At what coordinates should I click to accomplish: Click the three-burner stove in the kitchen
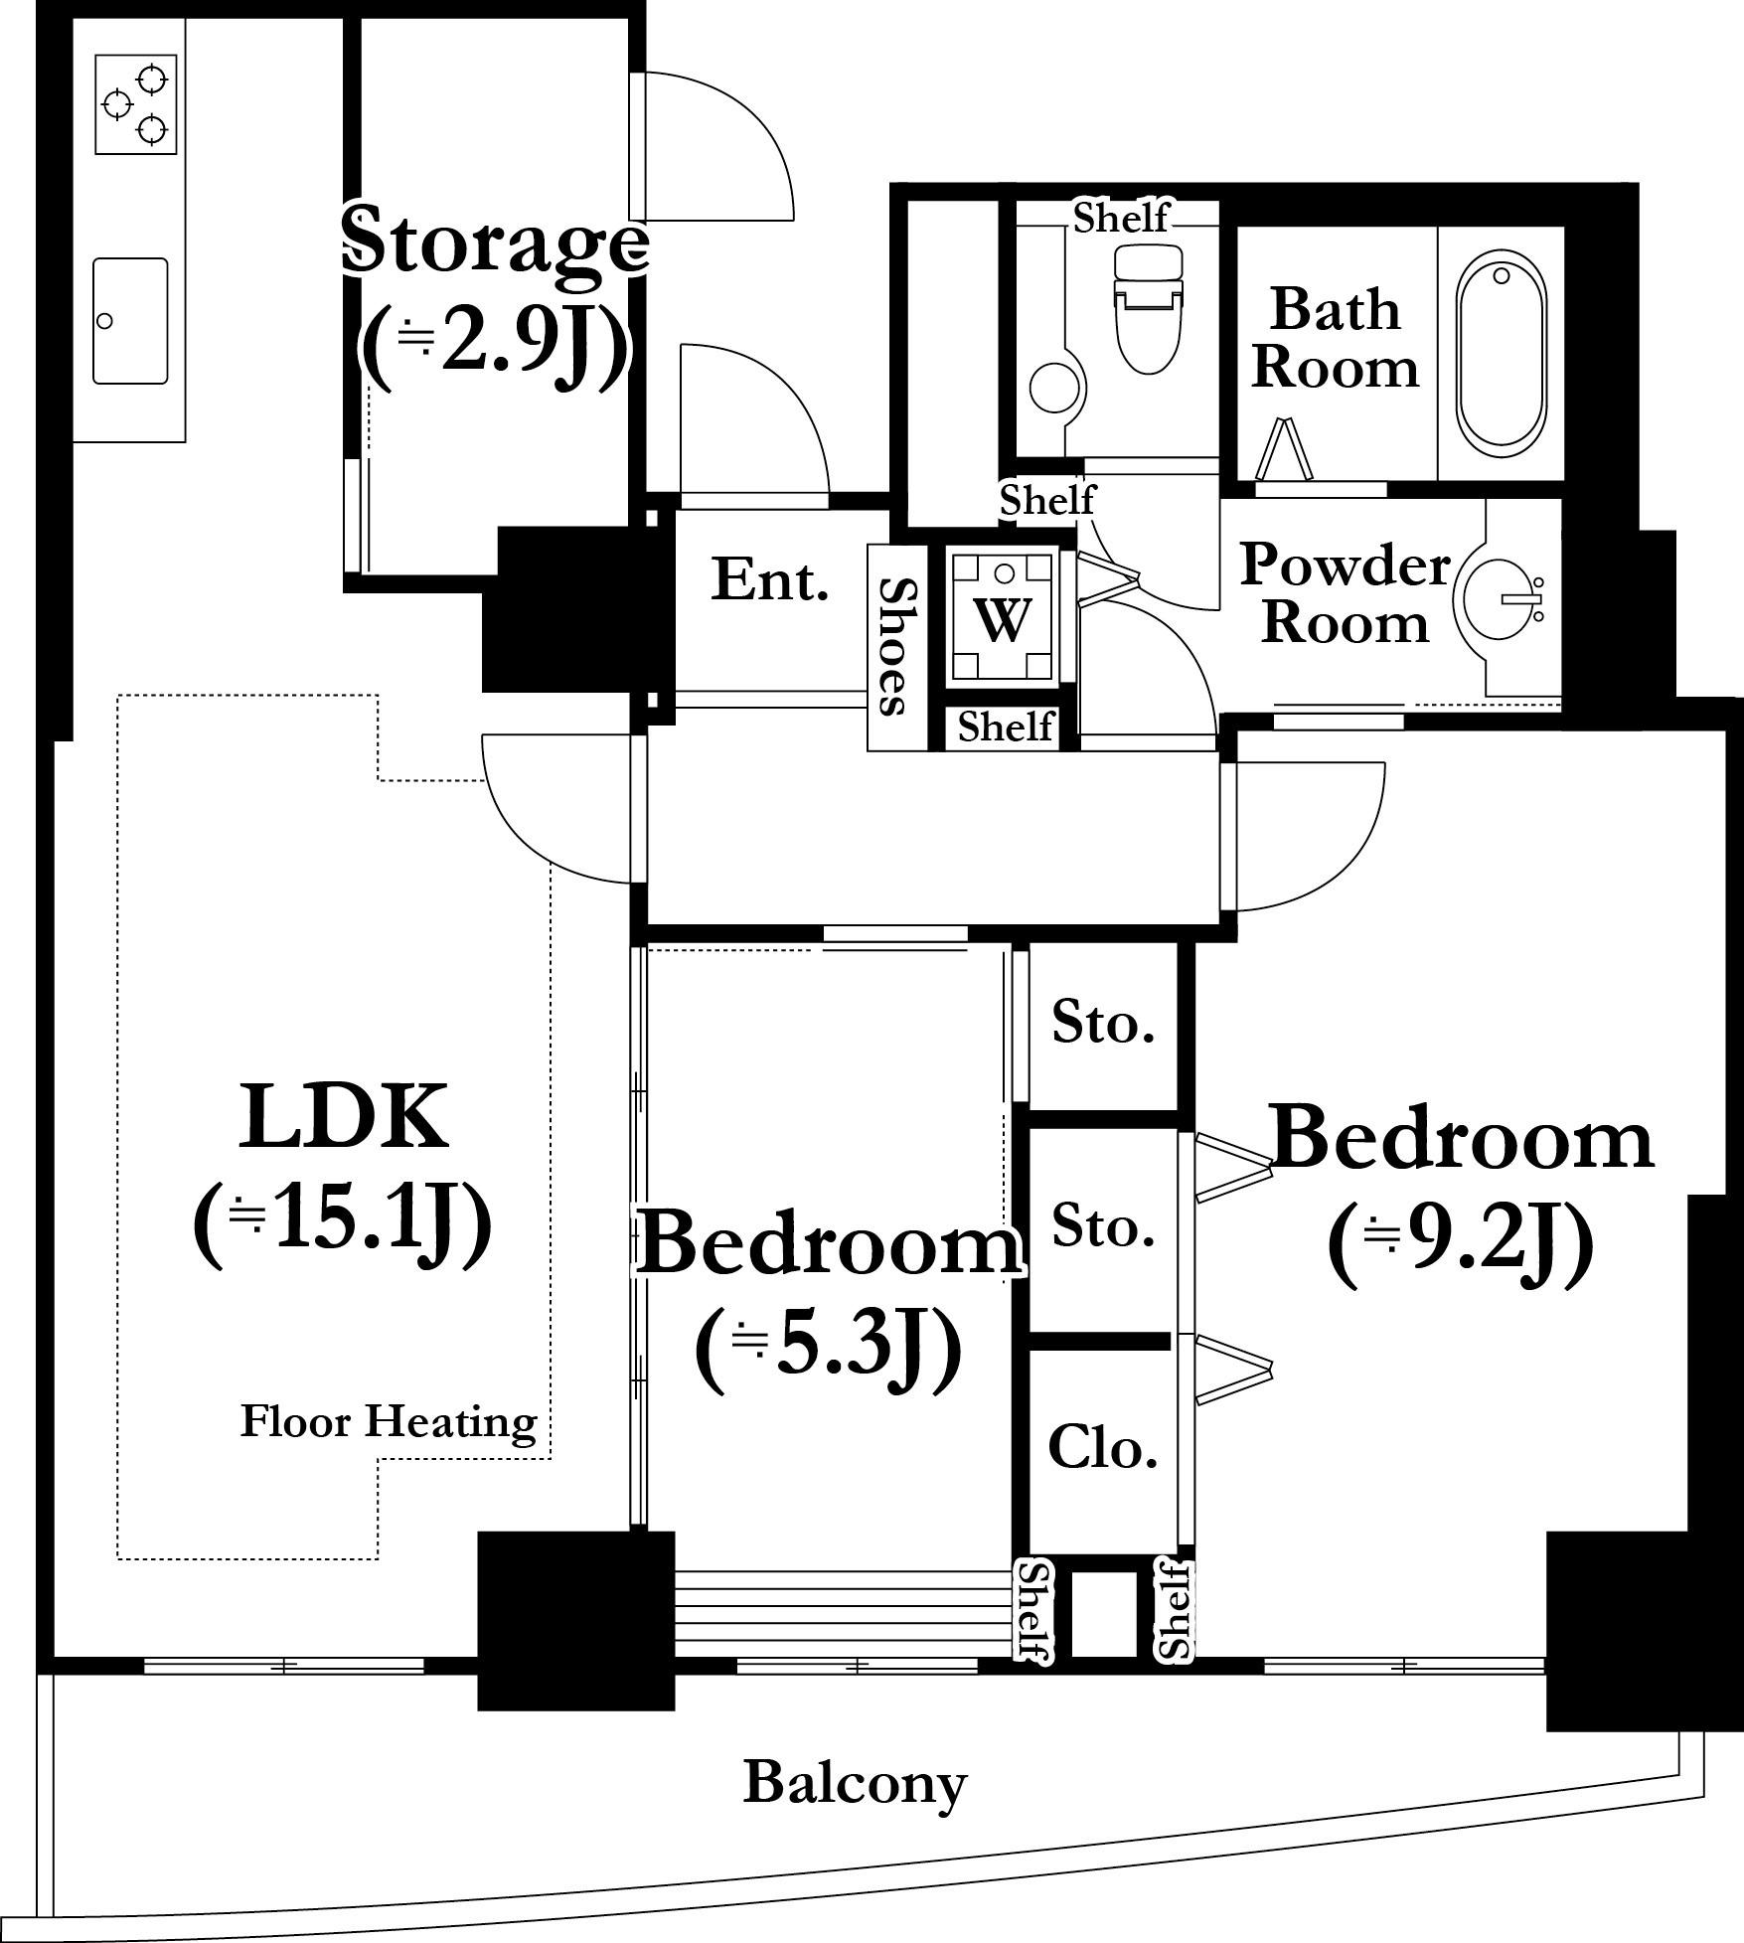pyautogui.click(x=136, y=104)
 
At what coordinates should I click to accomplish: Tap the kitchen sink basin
pyautogui.click(x=130, y=320)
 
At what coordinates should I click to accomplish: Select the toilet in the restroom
pyautogui.click(x=1149, y=308)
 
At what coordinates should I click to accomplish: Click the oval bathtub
pyautogui.click(x=1501, y=349)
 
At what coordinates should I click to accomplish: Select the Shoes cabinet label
pyautogui.click(x=897, y=646)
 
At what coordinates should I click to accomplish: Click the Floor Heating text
pyautogui.click(x=389, y=1422)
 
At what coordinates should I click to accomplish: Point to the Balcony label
pyautogui.click(x=855, y=1783)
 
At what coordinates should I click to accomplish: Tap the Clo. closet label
pyautogui.click(x=1103, y=1448)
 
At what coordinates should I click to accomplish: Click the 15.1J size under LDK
pyautogui.click(x=343, y=1223)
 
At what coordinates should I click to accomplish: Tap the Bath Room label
pyautogui.click(x=1335, y=337)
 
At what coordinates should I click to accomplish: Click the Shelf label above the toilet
pyautogui.click(x=1121, y=217)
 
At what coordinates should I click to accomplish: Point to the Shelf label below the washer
pyautogui.click(x=1006, y=727)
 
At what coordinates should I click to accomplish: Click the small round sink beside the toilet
pyautogui.click(x=1055, y=388)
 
